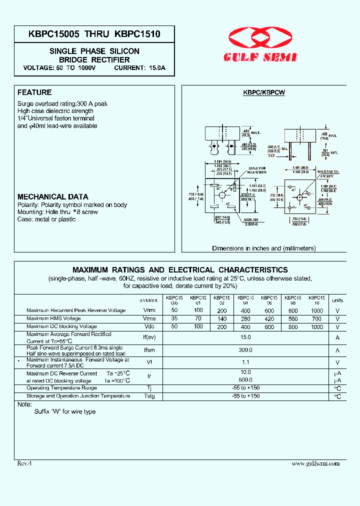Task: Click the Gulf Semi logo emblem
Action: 263,38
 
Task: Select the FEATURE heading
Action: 34,92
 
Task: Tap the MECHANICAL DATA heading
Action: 53,197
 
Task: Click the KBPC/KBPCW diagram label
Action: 264,93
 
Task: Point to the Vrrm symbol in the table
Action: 149,310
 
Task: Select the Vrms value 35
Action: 174,318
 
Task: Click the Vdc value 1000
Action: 316,326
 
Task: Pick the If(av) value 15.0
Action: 245,337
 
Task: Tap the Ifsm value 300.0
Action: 245,350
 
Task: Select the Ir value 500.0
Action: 245,380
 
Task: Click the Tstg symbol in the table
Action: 149,396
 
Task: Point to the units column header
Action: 337,300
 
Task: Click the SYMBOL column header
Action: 148,300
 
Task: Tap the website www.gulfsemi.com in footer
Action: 315,463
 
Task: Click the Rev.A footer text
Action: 24,463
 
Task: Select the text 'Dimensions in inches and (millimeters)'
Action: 263,248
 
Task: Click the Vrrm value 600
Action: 269,310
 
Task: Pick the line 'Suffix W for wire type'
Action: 64,411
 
